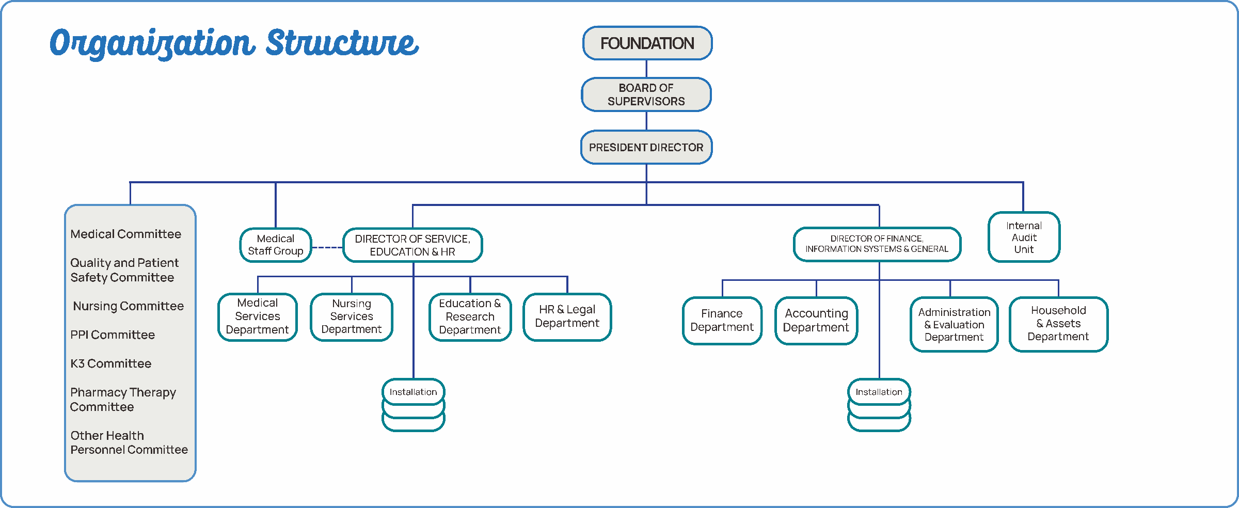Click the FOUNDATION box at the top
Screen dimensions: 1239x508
(647, 43)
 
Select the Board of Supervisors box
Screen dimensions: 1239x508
(646, 94)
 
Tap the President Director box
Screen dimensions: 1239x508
(646, 147)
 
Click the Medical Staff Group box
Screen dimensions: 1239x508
(276, 245)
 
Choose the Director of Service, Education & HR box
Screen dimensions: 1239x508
(412, 245)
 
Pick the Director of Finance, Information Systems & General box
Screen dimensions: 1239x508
(877, 244)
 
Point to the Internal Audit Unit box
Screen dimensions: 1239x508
(1024, 237)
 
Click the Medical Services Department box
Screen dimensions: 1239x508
(258, 316)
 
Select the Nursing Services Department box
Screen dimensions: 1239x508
(352, 316)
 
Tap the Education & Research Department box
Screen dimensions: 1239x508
(470, 316)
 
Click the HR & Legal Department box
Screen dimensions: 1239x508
(567, 316)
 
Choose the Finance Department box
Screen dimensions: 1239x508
(722, 320)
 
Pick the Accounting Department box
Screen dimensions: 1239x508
(816, 320)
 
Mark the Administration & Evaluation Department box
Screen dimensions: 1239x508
(954, 324)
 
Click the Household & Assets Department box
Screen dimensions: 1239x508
(1058, 324)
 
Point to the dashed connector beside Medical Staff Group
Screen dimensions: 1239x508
(327, 248)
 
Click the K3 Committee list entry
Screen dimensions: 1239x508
(111, 363)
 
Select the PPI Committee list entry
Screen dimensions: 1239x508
(113, 335)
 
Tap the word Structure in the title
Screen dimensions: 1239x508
(342, 42)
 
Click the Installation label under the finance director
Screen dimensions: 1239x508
(879, 392)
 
